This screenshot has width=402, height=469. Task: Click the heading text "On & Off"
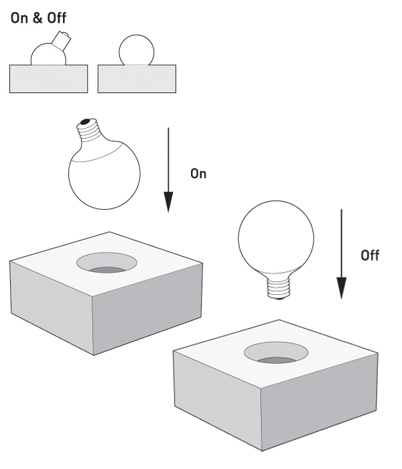(38, 16)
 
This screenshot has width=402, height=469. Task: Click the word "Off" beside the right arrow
(371, 256)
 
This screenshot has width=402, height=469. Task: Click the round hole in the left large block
(106, 263)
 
